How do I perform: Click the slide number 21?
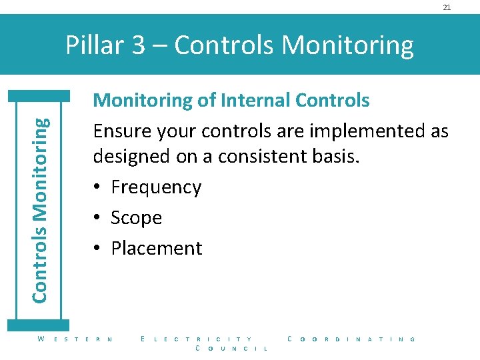(447, 7)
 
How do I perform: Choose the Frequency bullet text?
(156, 187)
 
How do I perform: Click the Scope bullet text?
(137, 218)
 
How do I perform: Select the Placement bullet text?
(157, 248)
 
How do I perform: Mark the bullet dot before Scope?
(97, 218)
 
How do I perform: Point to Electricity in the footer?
(197, 339)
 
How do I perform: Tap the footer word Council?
(231, 349)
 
